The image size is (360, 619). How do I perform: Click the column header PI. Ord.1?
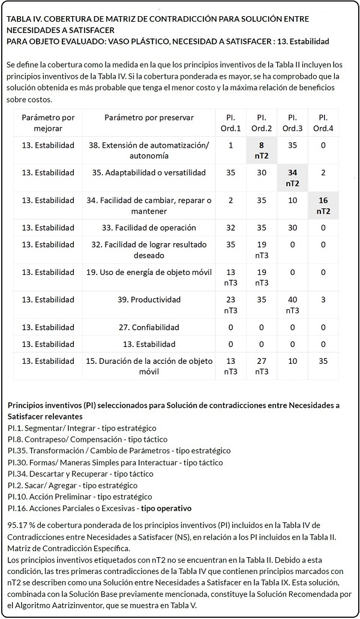231,122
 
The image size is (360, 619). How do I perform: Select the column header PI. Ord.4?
323,122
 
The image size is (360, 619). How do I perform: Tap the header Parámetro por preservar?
149,118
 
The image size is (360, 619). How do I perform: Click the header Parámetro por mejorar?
48,122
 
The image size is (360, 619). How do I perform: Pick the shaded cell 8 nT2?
262,150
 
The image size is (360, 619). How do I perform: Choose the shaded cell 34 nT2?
292,178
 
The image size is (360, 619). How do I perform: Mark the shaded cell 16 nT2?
323,205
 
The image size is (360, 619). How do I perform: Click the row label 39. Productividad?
149,300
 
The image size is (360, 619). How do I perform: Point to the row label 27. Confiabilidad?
149,327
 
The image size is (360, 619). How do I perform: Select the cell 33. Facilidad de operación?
149,228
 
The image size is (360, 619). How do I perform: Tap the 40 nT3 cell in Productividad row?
292,304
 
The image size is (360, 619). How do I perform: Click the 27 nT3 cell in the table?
262,366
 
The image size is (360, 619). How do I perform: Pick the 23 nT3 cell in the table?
231,304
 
